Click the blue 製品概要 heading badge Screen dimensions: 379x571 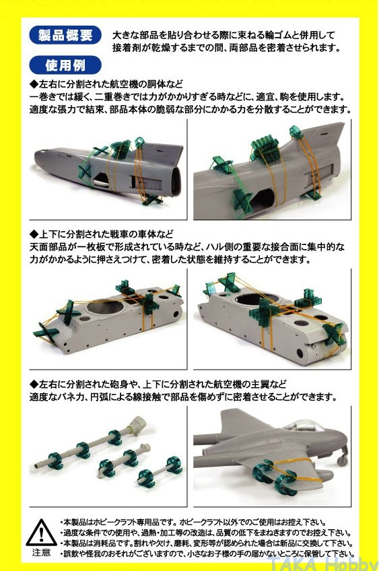point(65,35)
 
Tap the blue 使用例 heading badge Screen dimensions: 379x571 point(65,65)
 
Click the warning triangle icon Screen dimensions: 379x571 point(41,533)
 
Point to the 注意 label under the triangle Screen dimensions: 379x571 point(41,552)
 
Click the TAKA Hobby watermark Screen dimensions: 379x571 point(322,564)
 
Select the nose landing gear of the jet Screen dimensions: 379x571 point(341,457)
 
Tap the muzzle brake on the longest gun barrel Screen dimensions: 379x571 point(138,423)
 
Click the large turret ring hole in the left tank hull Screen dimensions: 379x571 point(106,306)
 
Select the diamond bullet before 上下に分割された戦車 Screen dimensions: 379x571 point(34,234)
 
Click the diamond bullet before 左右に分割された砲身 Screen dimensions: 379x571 point(34,384)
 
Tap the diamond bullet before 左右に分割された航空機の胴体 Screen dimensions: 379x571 point(34,84)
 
